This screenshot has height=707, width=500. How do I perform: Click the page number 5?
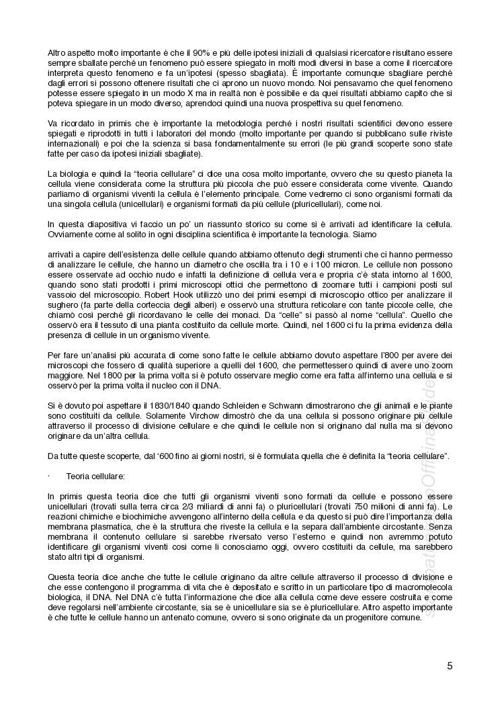tap(450, 666)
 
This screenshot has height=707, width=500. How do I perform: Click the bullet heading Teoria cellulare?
tap(95, 475)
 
